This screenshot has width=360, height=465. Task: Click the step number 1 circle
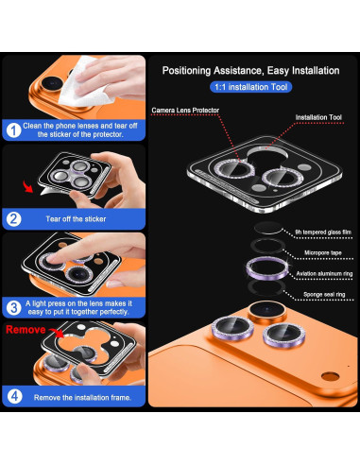tap(13, 130)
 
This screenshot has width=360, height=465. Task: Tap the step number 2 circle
tap(13, 219)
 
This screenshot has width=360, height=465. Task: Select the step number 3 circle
tap(13, 307)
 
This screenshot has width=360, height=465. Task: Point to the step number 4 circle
tap(14, 396)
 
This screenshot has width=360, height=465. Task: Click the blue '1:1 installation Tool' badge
tap(250, 87)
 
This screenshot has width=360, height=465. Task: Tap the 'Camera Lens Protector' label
tap(185, 111)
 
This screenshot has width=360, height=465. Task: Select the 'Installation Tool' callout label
tap(318, 117)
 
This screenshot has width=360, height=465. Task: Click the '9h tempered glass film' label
tap(323, 232)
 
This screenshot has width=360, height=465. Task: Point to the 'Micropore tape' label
tap(322, 252)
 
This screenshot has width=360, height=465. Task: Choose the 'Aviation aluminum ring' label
tap(324, 274)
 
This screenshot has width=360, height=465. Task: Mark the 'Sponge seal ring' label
tap(324, 295)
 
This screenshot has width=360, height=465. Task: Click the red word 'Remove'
tap(26, 330)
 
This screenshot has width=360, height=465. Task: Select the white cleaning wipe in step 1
tap(84, 82)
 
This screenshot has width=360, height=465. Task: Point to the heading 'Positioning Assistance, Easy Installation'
tap(250, 71)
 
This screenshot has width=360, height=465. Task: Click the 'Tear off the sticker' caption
tap(76, 219)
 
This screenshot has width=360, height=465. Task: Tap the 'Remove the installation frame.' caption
tap(82, 398)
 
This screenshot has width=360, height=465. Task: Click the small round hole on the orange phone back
tap(330, 376)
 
